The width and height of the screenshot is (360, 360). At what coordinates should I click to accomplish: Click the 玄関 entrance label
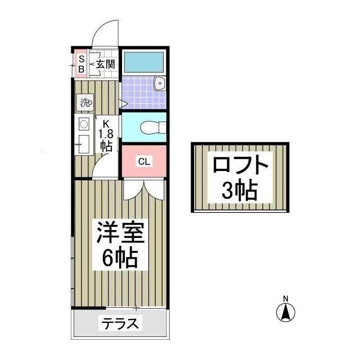click(105, 64)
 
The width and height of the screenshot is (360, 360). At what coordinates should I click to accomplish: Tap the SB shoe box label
click(81, 63)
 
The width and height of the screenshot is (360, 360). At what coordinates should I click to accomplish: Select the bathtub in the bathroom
click(143, 61)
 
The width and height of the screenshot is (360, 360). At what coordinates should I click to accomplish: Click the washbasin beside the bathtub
click(160, 85)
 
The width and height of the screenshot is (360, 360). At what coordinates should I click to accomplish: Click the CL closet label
click(144, 162)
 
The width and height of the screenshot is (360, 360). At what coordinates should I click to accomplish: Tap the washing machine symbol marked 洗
click(84, 103)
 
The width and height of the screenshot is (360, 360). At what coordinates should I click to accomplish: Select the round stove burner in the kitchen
click(83, 124)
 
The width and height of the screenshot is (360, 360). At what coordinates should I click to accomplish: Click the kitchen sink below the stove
click(83, 143)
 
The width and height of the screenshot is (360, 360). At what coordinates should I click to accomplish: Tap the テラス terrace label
click(119, 325)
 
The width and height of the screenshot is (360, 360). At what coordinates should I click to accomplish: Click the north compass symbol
click(286, 311)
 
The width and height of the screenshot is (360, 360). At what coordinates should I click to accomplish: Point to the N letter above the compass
click(286, 298)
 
